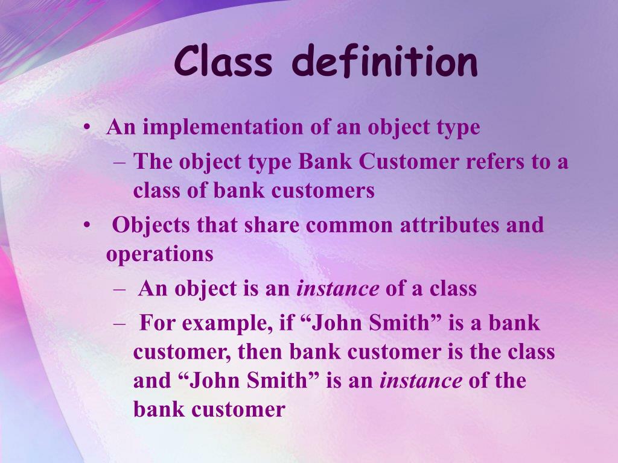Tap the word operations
tap(160, 254)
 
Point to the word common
tap(348, 225)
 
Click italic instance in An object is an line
tap(337, 289)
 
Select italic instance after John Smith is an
tap(421, 381)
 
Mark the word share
tap(272, 225)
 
